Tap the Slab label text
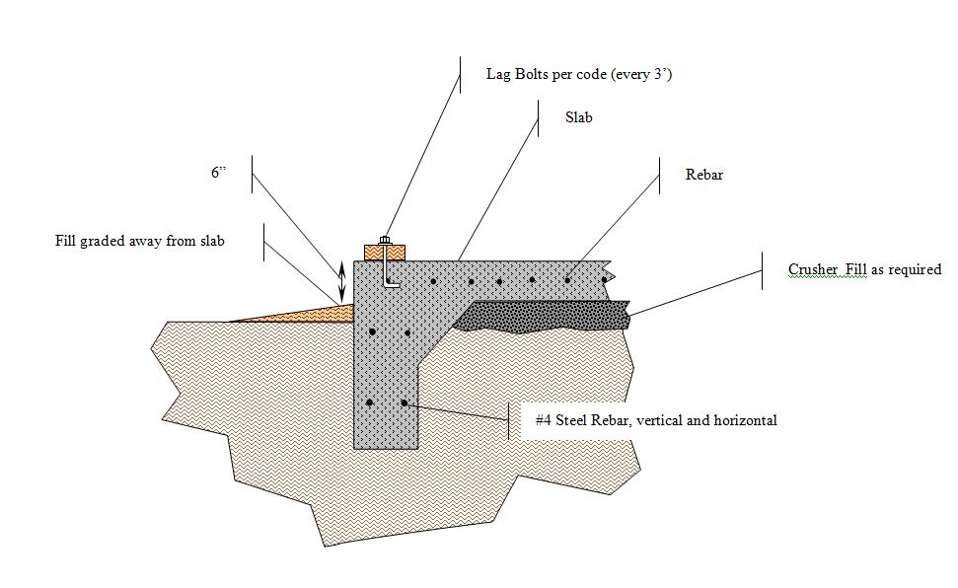[x=579, y=117]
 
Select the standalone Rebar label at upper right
[x=704, y=175]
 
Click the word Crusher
[x=812, y=269]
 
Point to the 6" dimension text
[x=218, y=172]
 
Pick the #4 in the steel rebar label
[x=544, y=420]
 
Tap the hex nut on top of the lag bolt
[x=384, y=240]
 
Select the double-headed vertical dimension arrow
[x=341, y=281]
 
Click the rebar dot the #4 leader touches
[x=405, y=403]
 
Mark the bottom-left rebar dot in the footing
[x=369, y=403]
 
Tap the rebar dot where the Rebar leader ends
[x=567, y=280]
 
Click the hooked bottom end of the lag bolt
[x=394, y=285]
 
